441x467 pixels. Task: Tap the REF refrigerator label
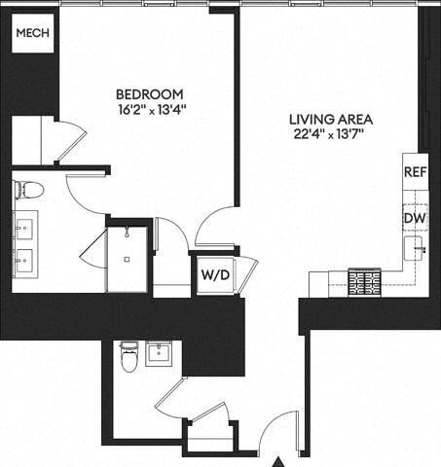pyautogui.click(x=415, y=171)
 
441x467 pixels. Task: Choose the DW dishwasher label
pyautogui.click(x=415, y=217)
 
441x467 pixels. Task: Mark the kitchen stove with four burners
pyautogui.click(x=365, y=282)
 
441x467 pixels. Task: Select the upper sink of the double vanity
pyautogui.click(x=24, y=227)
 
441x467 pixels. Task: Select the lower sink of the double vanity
pyautogui.click(x=24, y=261)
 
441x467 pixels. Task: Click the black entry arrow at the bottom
pyautogui.click(x=280, y=460)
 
